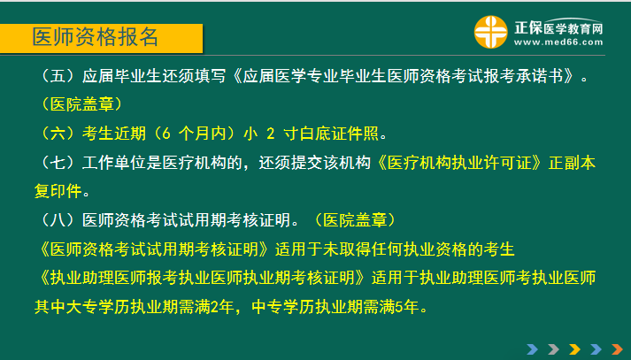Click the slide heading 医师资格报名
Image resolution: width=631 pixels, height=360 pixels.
(95, 37)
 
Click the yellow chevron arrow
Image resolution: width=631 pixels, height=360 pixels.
(574, 348)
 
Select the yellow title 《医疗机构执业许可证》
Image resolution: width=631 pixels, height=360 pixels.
(468, 163)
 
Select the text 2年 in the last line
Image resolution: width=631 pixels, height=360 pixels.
(233, 308)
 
